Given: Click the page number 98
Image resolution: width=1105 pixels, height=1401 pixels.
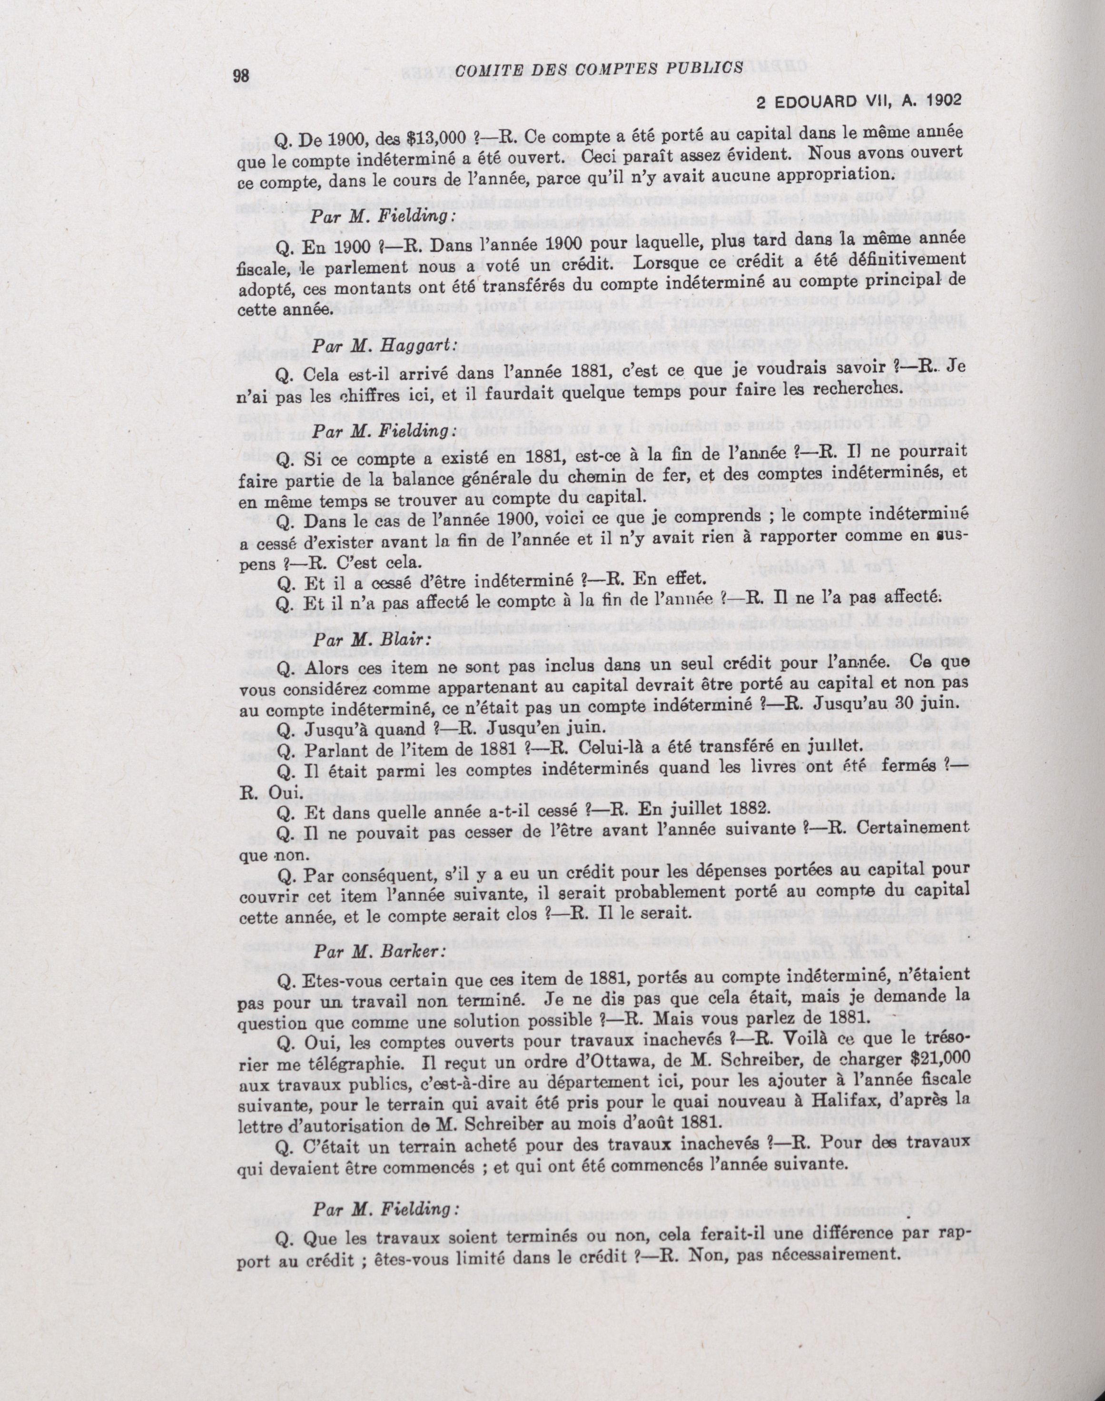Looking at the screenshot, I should [241, 76].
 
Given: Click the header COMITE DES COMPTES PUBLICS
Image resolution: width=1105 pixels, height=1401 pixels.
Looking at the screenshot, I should [598, 69].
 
